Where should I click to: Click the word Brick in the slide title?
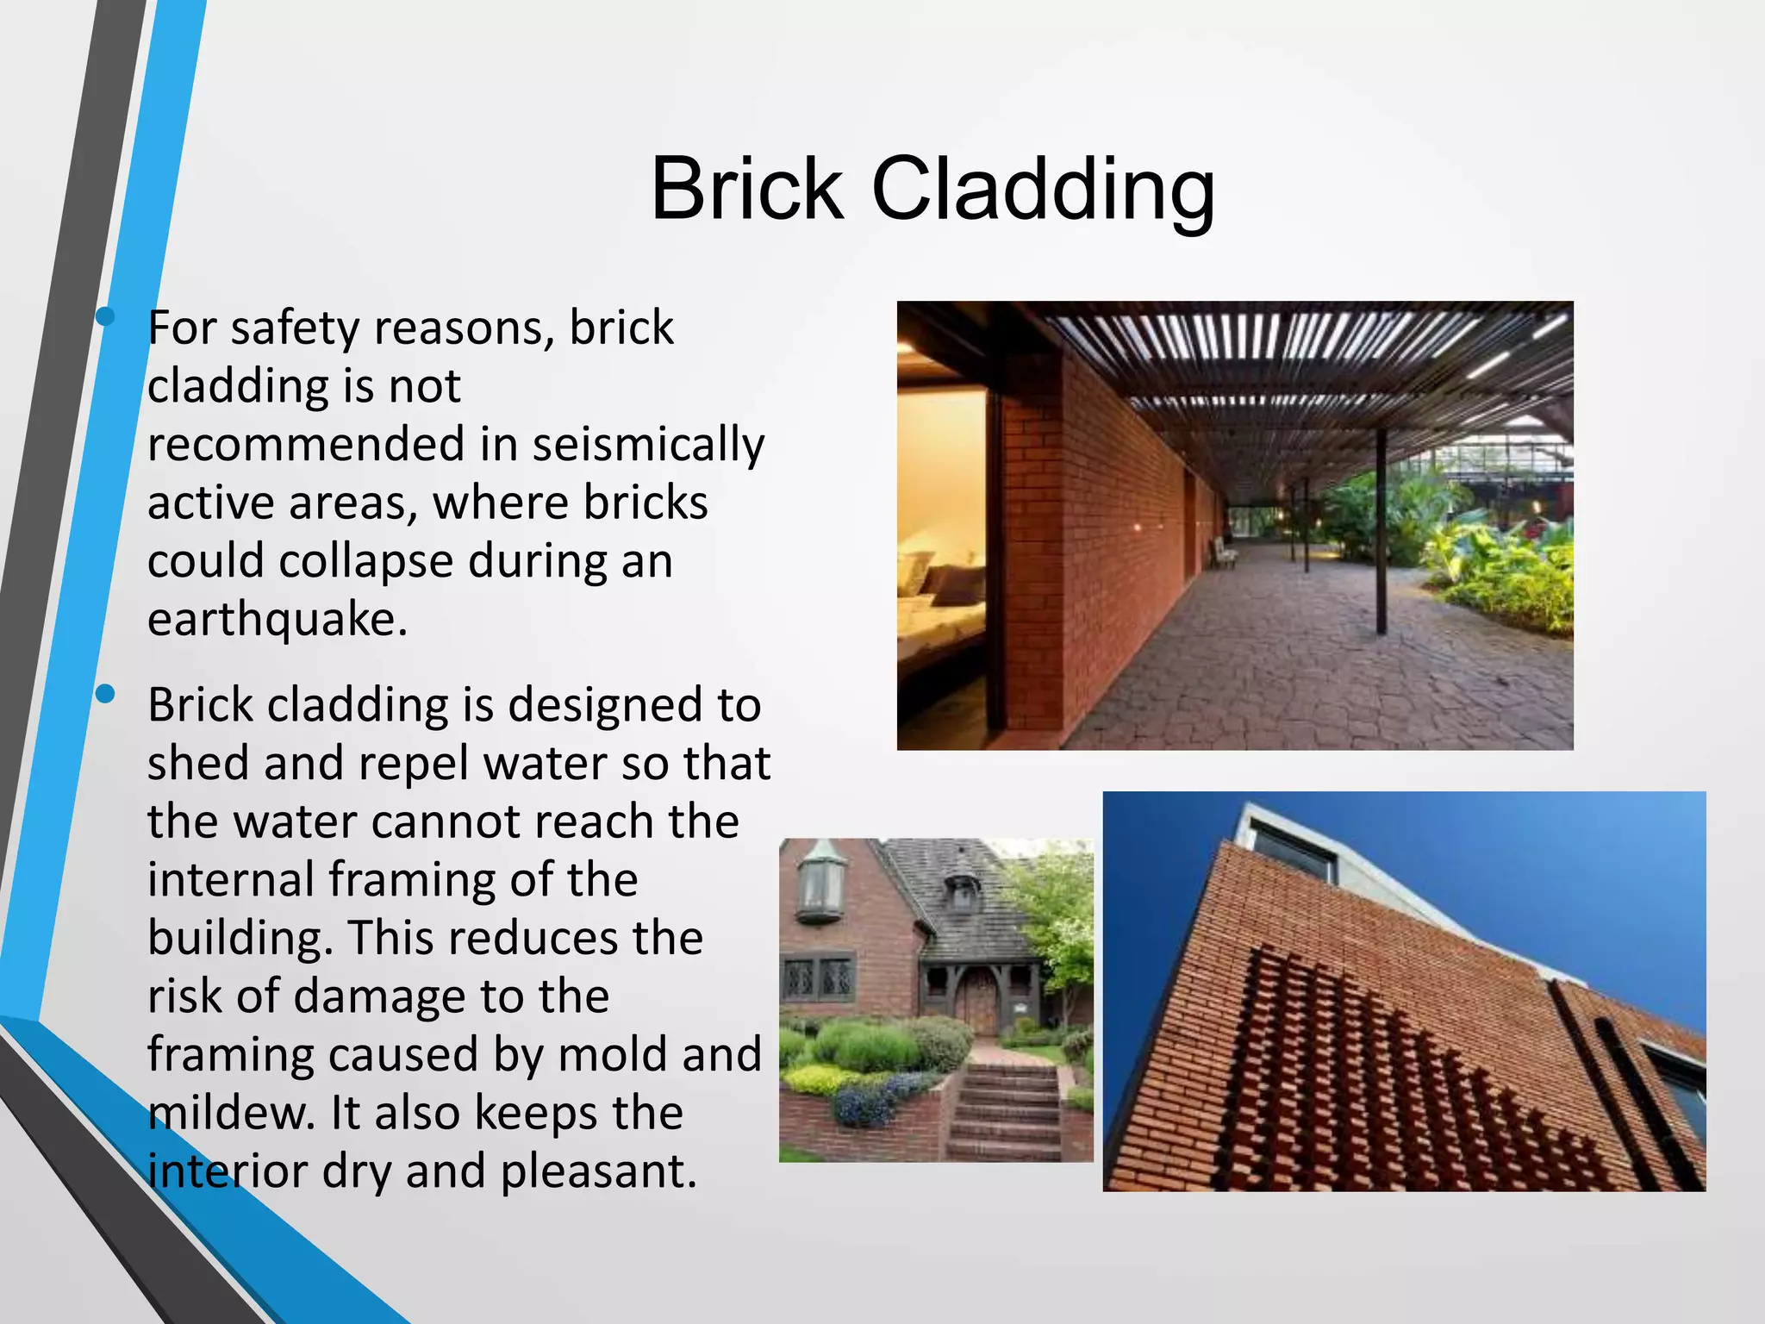pyautogui.click(x=746, y=189)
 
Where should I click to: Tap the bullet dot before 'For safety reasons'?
pyautogui.click(x=105, y=317)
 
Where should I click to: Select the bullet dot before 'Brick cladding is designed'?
pyautogui.click(x=105, y=694)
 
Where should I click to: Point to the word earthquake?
pyautogui.click(x=276, y=619)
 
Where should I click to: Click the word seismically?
pyautogui.click(x=648, y=445)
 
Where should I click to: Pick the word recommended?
pyautogui.click(x=306, y=445)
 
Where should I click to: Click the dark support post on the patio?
pyautogui.click(x=1381, y=530)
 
